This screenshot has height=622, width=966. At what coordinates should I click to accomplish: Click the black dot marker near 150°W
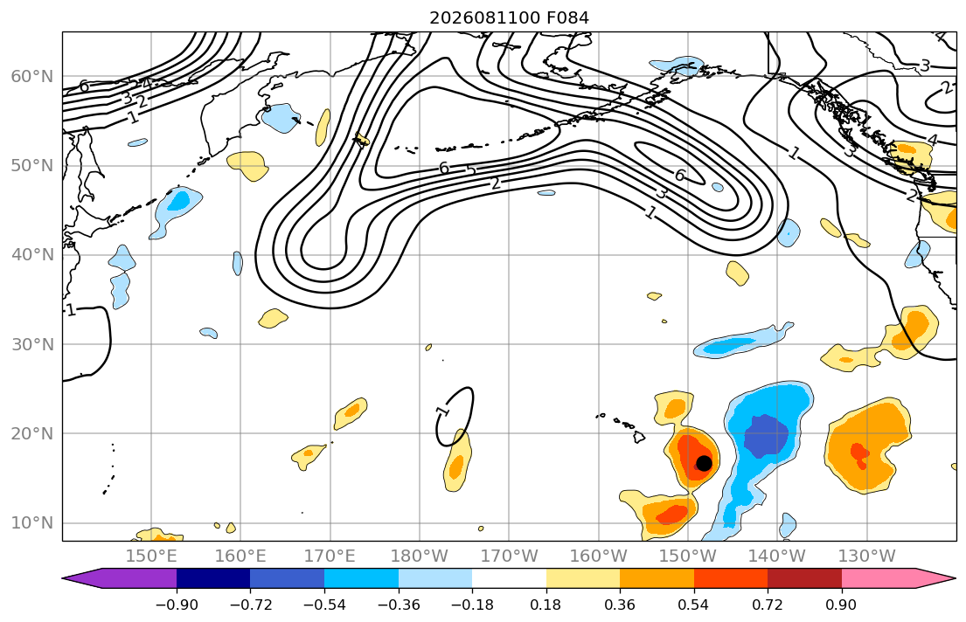704,463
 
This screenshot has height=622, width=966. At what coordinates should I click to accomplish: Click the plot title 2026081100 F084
509,17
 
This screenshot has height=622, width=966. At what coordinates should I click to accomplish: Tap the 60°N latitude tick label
32,76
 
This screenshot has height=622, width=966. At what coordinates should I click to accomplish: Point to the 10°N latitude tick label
32,523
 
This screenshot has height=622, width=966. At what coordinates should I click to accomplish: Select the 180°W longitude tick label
420,556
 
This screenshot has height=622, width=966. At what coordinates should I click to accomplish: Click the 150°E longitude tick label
151,556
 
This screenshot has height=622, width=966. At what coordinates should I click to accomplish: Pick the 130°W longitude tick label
867,556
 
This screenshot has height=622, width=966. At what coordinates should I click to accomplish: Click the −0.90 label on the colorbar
177,605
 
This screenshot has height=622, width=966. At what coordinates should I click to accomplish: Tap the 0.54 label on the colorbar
694,605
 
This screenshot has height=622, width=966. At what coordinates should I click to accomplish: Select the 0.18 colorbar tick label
546,605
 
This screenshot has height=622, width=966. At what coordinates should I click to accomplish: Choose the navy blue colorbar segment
213,578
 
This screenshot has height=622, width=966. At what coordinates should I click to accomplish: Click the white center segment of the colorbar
509,578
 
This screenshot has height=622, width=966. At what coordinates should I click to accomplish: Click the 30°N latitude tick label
32,344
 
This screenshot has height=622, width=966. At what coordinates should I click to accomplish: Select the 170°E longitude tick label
330,556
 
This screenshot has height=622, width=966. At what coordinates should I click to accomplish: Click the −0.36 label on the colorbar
399,605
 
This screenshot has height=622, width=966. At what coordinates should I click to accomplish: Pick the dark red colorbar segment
804,578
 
